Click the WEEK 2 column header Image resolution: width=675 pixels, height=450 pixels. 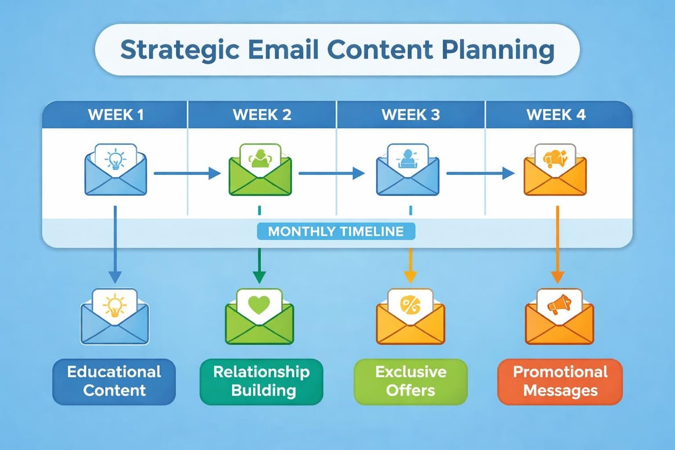click(x=262, y=115)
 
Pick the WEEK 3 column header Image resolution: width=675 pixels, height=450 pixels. click(x=410, y=115)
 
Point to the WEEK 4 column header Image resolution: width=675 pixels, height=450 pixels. click(x=556, y=115)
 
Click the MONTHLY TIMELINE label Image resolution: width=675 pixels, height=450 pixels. click(x=336, y=232)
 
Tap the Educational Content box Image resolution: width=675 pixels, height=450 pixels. click(x=114, y=381)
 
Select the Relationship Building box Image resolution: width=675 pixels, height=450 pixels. click(x=262, y=381)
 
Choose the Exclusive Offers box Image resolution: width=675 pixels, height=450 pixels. click(x=411, y=381)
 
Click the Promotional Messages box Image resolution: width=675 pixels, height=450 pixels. click(x=560, y=381)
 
